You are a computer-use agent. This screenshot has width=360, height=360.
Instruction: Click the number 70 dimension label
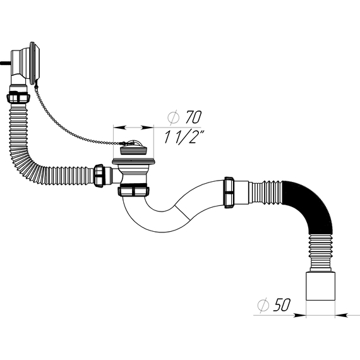coord(193,117)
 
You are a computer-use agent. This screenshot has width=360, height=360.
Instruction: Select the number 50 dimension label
coord(282,305)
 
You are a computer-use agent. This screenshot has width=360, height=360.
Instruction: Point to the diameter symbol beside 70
coord(173,117)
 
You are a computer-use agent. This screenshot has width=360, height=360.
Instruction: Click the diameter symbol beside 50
coord(263,305)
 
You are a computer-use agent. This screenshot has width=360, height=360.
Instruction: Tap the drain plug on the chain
coord(134,149)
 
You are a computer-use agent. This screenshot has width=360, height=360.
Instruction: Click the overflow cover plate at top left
coord(35,63)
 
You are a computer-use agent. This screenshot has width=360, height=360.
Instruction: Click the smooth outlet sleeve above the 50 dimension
coord(320,286)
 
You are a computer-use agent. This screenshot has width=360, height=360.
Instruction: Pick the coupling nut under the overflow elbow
coord(18,97)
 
